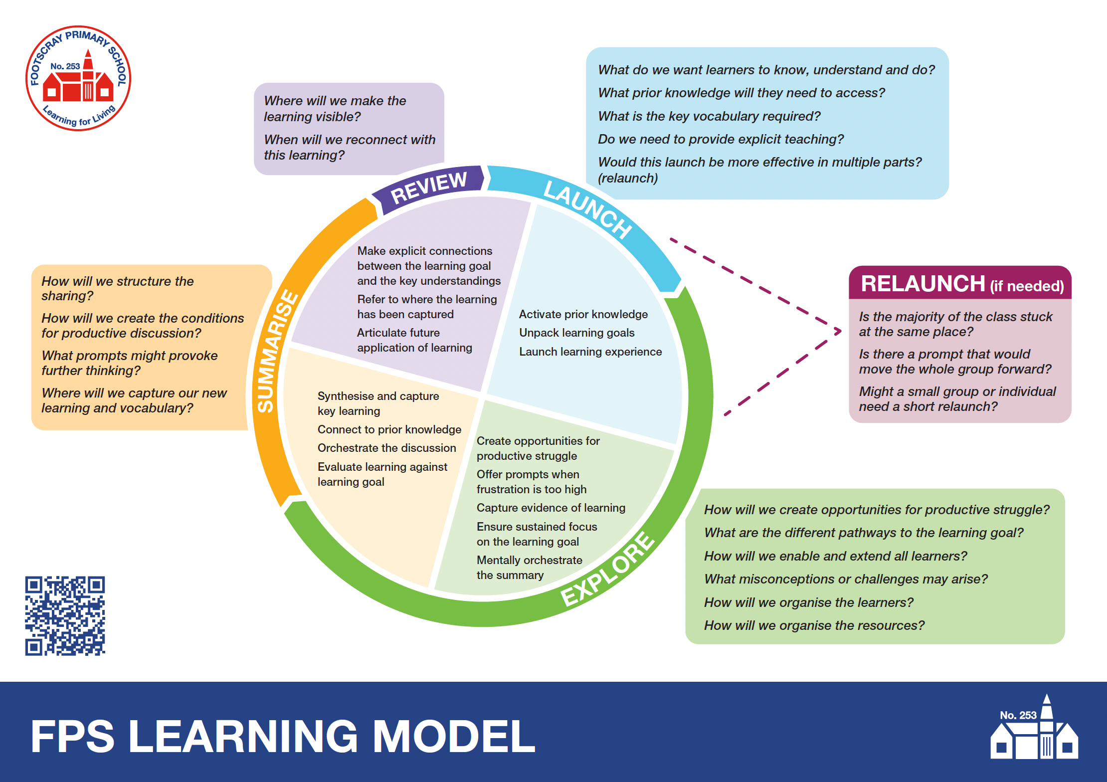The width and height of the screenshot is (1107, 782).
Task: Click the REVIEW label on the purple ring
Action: click(x=429, y=188)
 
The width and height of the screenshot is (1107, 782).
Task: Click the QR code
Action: click(x=65, y=616)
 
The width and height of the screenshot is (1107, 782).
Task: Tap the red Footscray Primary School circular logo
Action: click(x=78, y=78)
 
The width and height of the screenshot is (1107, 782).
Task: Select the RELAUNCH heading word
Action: click(x=922, y=284)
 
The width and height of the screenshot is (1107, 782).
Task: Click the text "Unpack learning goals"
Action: click(x=576, y=333)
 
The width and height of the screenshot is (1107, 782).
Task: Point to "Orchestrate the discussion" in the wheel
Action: click(x=386, y=448)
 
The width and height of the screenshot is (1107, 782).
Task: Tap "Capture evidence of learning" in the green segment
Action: click(x=551, y=508)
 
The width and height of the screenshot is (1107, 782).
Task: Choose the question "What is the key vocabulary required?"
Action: click(x=709, y=116)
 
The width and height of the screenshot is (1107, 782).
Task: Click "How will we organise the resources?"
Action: click(x=814, y=625)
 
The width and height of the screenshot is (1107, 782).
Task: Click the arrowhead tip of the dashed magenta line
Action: click(x=840, y=331)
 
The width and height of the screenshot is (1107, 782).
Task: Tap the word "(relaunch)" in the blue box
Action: click(x=627, y=178)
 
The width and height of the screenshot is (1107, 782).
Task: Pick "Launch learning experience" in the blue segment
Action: click(x=590, y=352)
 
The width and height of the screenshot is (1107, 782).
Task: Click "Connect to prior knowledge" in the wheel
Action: click(x=389, y=429)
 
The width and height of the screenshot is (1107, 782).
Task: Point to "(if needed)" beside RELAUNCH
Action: click(x=1027, y=286)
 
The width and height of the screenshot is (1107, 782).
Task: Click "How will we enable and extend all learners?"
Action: click(x=835, y=556)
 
